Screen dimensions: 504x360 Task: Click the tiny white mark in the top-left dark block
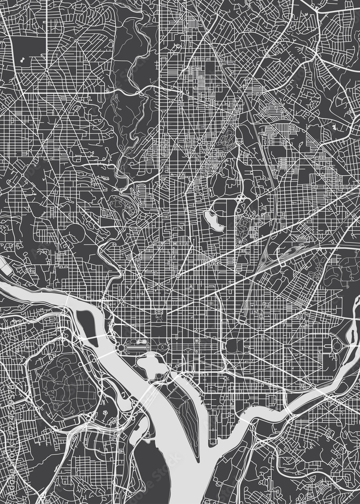22,62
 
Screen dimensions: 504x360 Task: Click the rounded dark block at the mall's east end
233,347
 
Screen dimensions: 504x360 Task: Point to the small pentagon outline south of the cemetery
105,412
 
